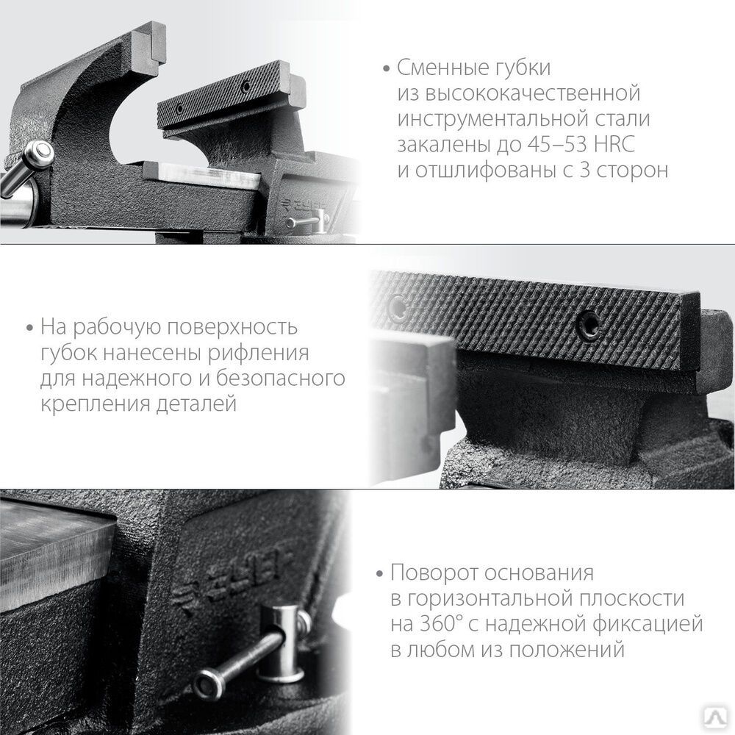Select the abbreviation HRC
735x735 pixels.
[614, 144]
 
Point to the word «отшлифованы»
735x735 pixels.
[485, 171]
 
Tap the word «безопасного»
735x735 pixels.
[280, 379]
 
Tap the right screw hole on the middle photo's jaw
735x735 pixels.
[587, 323]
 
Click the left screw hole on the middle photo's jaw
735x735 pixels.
[398, 307]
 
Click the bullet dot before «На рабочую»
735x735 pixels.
[30, 328]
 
